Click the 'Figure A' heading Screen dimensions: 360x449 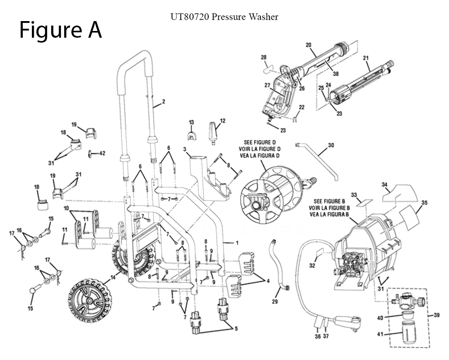[61, 30]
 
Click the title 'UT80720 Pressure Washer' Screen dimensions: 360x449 [224, 17]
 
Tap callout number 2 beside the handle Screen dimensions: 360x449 [163, 102]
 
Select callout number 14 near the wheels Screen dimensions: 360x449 [112, 278]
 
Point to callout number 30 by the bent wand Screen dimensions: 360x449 [331, 145]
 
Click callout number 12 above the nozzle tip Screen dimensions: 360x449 [222, 120]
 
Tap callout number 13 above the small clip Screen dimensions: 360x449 [191, 123]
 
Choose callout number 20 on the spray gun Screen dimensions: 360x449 [308, 45]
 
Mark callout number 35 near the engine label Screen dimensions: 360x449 [424, 202]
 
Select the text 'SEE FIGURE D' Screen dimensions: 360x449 [265, 142]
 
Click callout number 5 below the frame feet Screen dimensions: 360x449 [235, 329]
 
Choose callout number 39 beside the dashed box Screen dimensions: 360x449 [437, 315]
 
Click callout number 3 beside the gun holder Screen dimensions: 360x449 [185, 149]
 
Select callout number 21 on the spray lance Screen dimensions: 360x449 [365, 58]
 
